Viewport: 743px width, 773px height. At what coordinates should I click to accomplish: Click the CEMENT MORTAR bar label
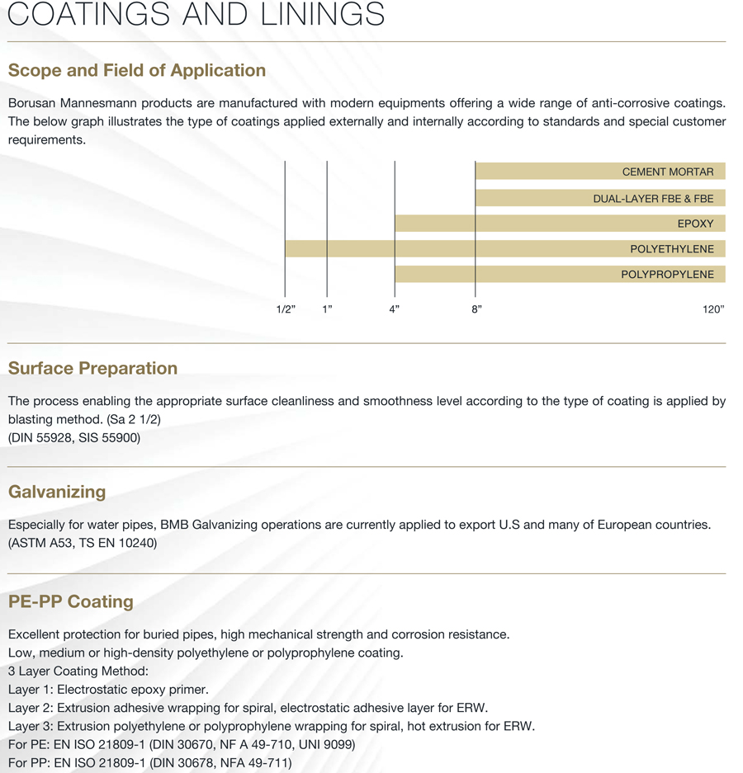click(668, 172)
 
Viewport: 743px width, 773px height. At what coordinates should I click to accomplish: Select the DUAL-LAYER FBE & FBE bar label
click(653, 199)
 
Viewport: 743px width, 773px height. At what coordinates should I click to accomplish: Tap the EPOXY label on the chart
click(695, 224)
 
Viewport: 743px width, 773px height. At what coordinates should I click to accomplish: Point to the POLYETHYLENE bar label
click(671, 249)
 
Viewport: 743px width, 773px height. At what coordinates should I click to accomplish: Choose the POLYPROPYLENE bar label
click(667, 275)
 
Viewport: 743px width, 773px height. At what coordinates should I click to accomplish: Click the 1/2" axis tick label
click(286, 309)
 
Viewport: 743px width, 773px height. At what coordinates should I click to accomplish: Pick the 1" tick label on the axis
click(327, 309)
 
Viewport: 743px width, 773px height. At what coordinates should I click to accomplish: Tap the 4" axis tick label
click(395, 309)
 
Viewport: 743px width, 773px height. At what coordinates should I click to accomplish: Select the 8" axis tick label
click(476, 309)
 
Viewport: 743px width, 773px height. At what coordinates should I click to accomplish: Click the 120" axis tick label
click(712, 309)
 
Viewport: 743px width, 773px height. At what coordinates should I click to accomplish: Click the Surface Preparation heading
click(92, 369)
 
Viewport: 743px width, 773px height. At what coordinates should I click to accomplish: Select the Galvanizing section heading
click(57, 493)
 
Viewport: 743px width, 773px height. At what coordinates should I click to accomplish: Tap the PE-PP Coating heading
click(70, 601)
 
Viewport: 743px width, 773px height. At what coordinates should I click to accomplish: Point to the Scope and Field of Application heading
click(137, 71)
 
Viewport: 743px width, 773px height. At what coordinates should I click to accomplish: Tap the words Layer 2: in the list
click(31, 708)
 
